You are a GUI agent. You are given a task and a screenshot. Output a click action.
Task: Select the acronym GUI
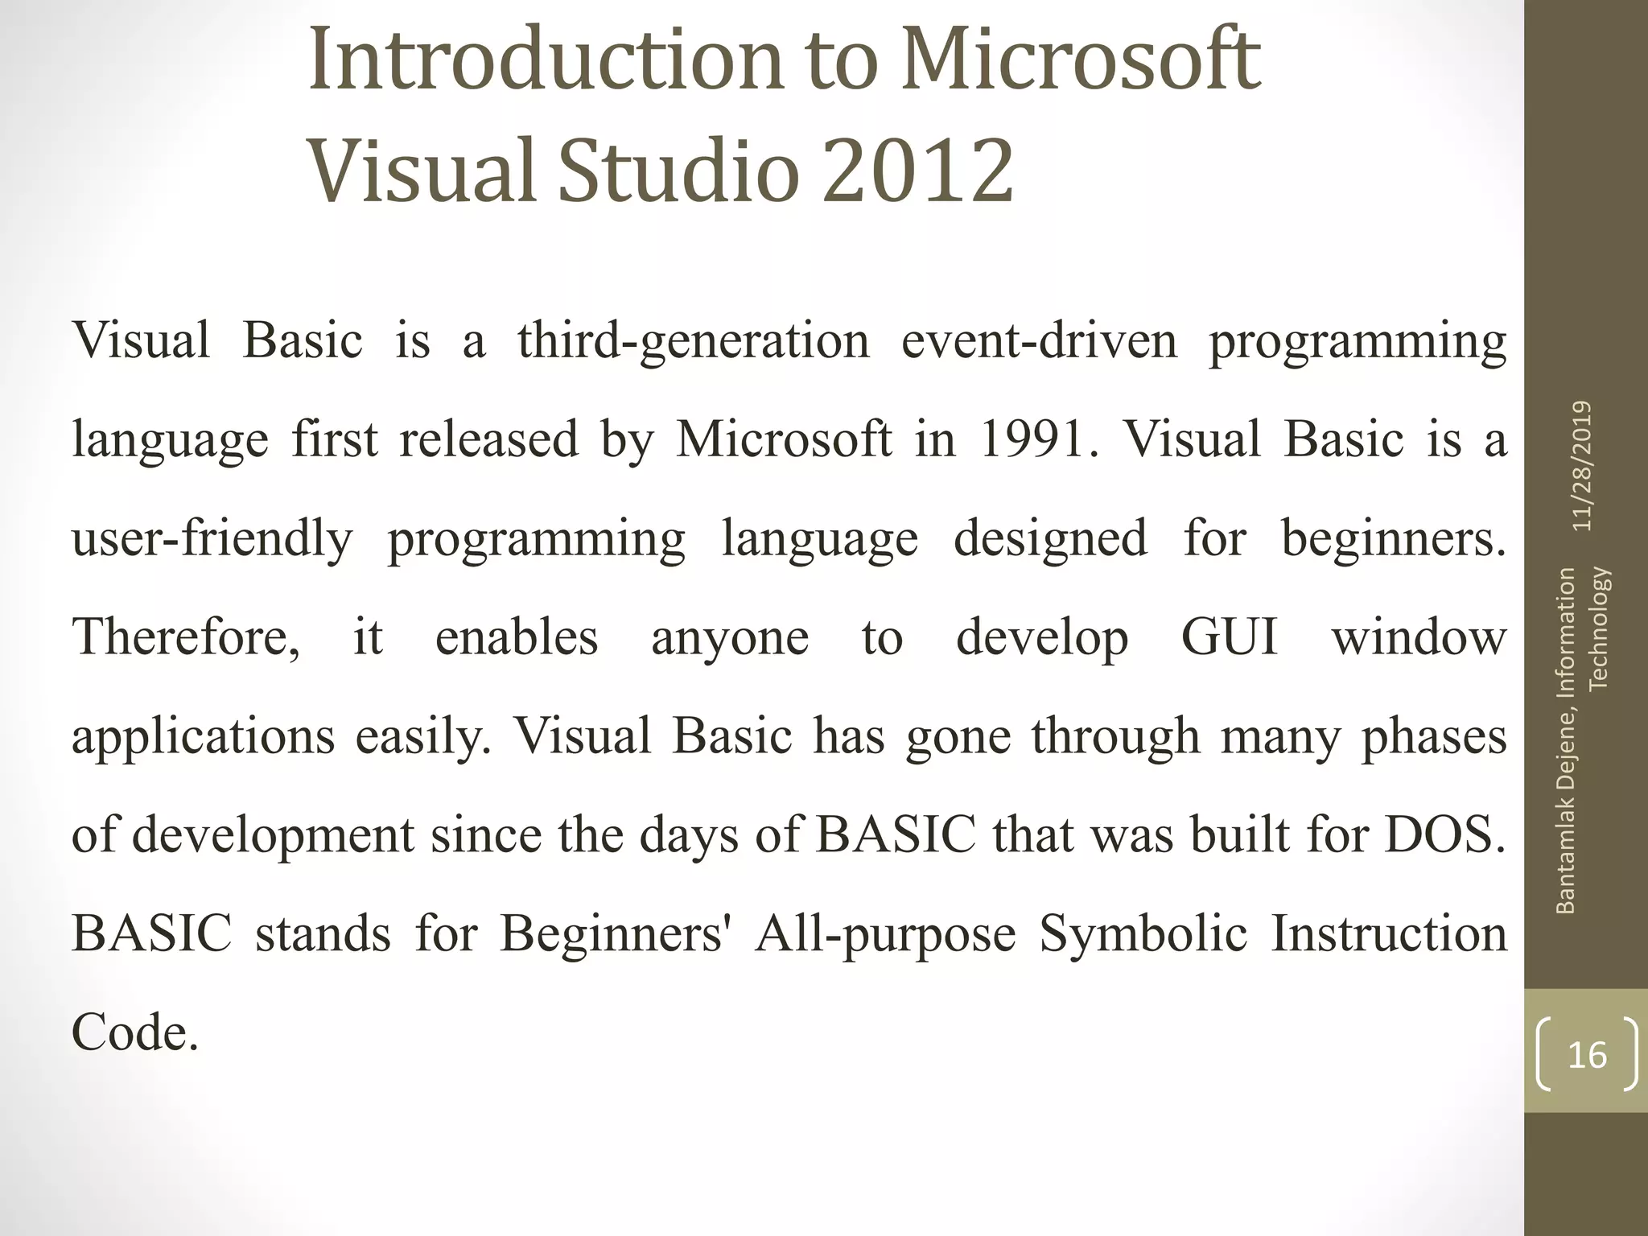(1230, 637)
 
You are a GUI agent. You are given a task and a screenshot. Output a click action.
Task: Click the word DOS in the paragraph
(1444, 834)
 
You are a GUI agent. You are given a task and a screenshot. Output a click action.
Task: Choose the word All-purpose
(885, 933)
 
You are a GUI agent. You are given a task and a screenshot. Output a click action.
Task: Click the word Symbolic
(1143, 933)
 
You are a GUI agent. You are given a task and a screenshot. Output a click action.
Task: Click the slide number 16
(1587, 1054)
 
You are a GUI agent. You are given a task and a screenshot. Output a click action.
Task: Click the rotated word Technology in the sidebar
(1599, 628)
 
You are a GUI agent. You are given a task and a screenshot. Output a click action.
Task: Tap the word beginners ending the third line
(1392, 538)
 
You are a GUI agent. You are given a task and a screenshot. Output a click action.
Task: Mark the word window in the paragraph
(1419, 637)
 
